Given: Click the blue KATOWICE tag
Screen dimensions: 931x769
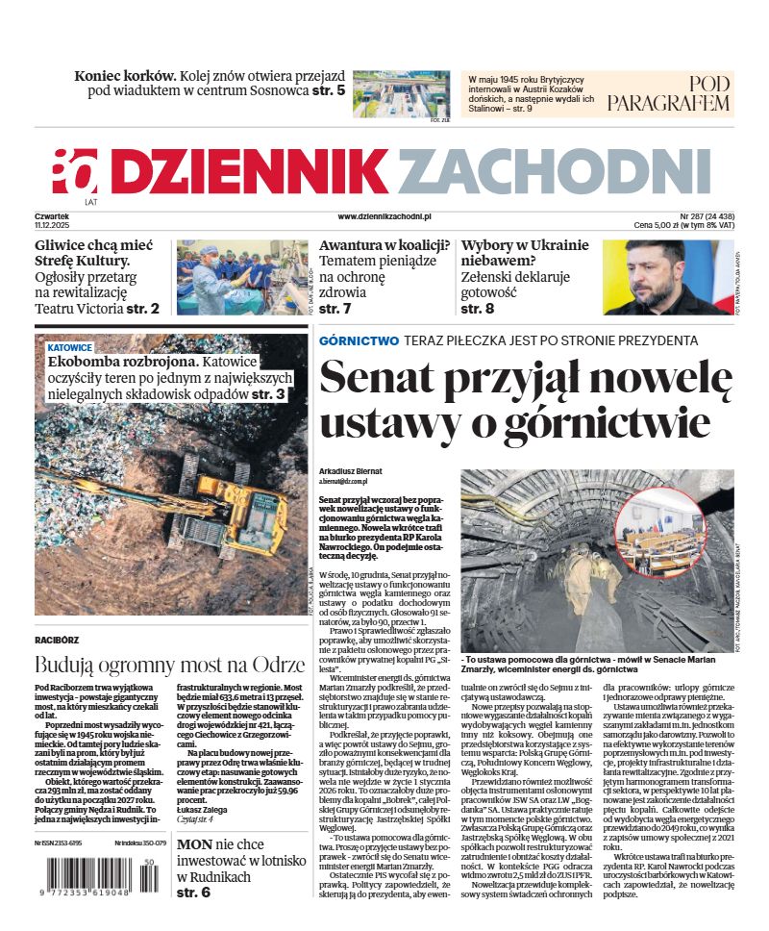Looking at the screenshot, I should (70, 346).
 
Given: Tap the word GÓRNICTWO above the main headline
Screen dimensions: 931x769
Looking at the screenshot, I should (359, 340).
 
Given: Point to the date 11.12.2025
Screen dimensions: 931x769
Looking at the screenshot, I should (54, 225).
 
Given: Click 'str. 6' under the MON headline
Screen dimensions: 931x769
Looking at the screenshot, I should (192, 899).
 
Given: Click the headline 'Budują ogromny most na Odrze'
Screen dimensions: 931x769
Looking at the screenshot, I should (169, 665).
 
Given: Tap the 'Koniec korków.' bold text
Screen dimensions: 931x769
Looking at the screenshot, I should (126, 75).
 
